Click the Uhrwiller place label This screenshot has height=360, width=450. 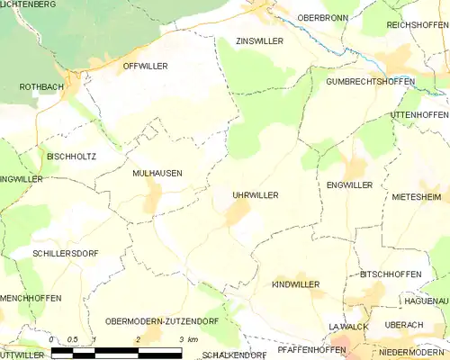255,194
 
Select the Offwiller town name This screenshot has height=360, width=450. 145,66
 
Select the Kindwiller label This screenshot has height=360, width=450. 295,283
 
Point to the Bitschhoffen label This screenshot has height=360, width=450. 390,274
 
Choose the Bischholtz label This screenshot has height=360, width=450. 71,156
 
